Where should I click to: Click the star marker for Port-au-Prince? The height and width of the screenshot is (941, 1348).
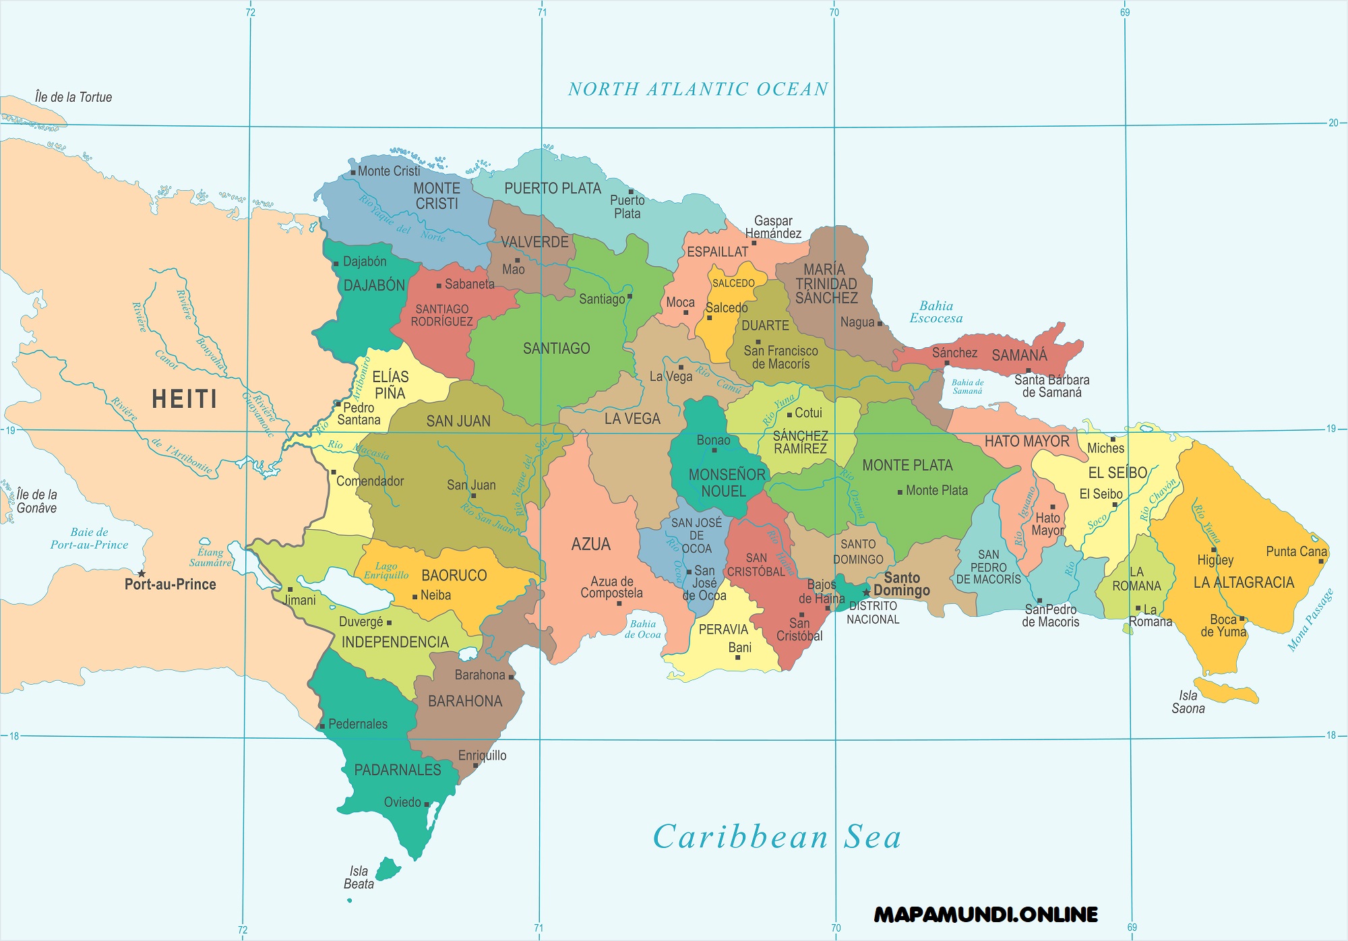142,574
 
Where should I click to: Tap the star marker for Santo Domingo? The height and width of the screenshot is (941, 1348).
866,593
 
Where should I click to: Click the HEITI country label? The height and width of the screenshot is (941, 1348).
184,399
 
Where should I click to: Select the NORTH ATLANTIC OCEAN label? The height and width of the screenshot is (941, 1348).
698,89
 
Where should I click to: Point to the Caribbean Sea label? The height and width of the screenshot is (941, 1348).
776,837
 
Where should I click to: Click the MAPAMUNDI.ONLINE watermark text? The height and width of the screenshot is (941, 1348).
985,915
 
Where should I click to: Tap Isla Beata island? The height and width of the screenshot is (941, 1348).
388,869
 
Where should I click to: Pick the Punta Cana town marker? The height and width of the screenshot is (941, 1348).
1321,561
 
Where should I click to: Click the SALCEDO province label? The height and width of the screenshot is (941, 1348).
733,283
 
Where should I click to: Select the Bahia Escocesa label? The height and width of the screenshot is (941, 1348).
936,312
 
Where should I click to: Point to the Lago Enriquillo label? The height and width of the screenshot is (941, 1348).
386,570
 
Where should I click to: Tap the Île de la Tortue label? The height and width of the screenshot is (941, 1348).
73,97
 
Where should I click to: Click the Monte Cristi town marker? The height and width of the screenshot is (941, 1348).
353,173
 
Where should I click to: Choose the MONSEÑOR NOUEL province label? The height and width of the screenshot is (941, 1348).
726,483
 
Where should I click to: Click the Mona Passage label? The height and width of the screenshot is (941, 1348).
1310,620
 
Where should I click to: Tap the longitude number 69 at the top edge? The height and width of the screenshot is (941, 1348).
1124,12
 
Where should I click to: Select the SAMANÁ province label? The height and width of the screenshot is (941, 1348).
1019,355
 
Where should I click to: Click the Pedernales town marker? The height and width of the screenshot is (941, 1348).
322,726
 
